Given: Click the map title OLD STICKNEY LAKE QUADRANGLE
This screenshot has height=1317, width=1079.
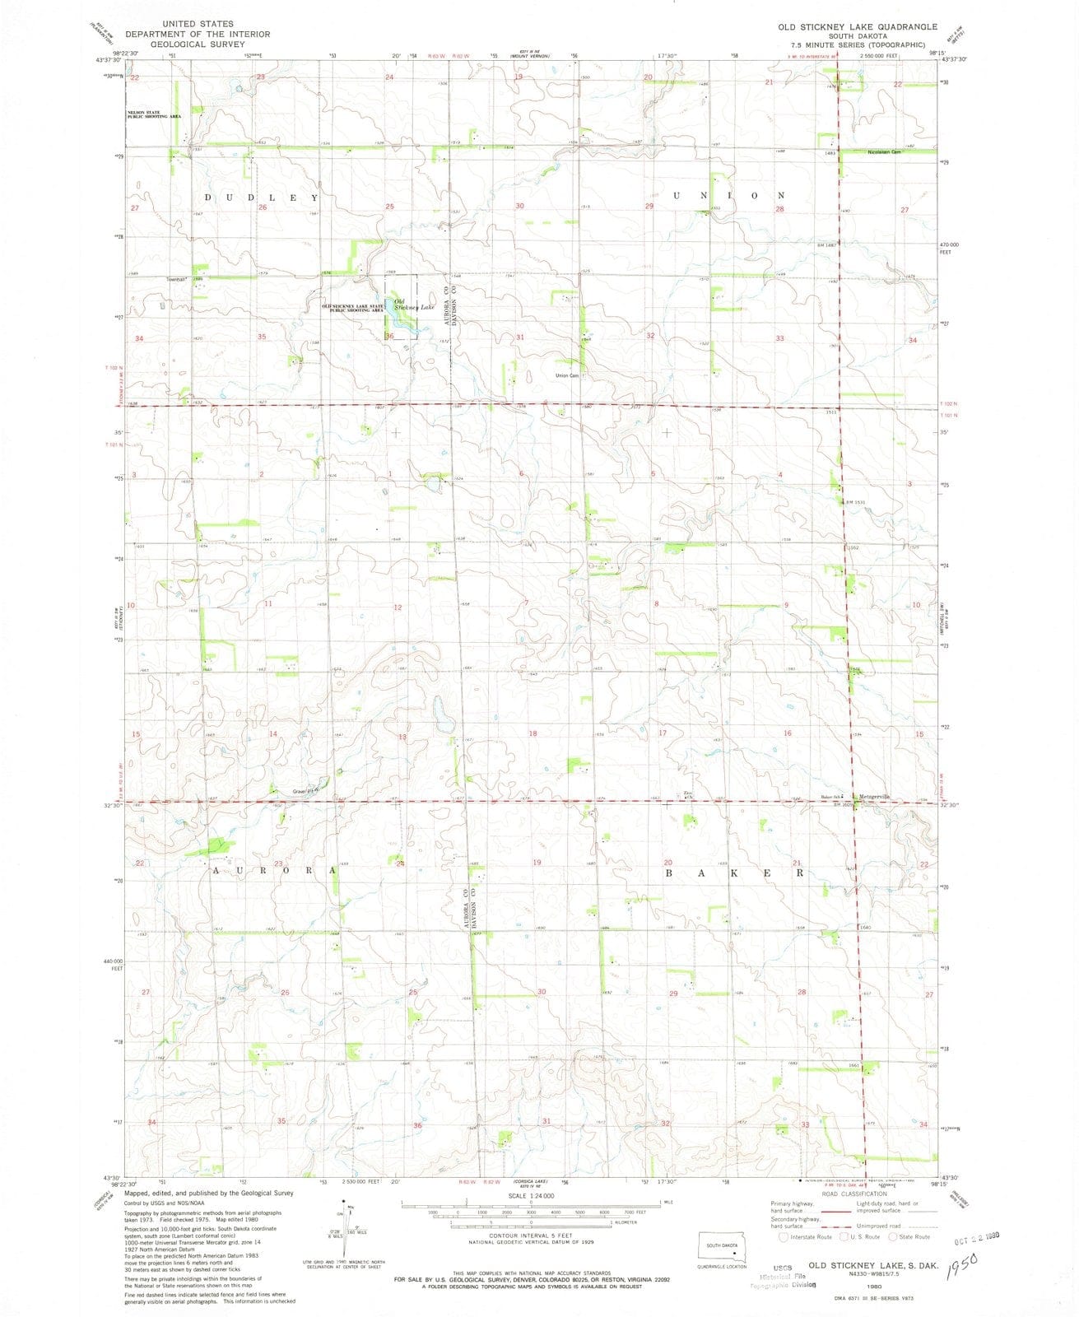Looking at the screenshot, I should (846, 27).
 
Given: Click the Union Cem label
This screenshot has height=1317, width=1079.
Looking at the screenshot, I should (568, 376).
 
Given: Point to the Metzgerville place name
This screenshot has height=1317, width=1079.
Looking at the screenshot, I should (874, 797).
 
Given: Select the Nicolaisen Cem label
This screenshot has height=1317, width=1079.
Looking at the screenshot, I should (884, 151).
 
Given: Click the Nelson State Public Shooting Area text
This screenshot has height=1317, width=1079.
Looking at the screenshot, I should (147, 114).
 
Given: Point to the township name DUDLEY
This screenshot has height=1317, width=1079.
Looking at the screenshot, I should (261, 198).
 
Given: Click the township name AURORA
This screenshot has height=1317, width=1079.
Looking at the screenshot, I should (275, 870).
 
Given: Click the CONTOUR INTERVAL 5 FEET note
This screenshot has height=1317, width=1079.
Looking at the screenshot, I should (531, 1236).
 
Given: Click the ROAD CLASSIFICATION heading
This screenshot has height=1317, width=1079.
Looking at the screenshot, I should (853, 1194).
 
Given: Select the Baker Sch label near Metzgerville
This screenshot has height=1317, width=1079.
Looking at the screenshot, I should (831, 798).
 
